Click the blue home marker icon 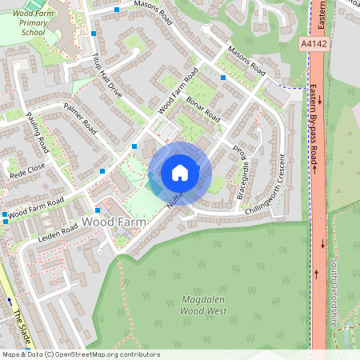pyautogui.click(x=180, y=173)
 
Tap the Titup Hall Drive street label pyautogui.click(x=106, y=75)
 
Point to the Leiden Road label pyautogui.click(x=56, y=228)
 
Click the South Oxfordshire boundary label pyautogui.click(x=335, y=296)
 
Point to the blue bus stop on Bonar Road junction pyautogui.click(x=223, y=78)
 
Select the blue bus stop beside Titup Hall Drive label pyautogui.click(x=94, y=34)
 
